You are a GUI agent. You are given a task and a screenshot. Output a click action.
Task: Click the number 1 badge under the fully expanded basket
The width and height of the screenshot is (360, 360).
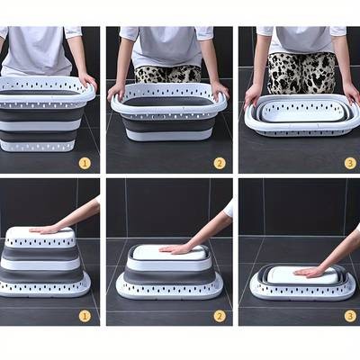85,163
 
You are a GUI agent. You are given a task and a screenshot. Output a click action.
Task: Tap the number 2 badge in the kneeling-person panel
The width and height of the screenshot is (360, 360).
219,163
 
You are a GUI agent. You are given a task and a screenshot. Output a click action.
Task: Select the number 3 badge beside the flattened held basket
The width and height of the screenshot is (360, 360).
350,163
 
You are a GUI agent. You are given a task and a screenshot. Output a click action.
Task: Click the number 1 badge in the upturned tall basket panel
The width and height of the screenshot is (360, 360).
85,315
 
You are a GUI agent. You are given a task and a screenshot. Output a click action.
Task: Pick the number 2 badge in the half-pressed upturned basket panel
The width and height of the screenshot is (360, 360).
219,315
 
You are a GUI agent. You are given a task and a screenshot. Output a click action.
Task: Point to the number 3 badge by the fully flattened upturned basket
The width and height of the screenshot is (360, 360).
350,315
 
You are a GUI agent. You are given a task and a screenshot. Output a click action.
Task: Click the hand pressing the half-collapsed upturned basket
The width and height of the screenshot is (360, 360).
175,247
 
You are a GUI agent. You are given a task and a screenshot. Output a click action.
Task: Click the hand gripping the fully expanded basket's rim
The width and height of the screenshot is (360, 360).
87,82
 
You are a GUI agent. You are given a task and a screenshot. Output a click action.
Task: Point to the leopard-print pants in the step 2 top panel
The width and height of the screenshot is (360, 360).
168,72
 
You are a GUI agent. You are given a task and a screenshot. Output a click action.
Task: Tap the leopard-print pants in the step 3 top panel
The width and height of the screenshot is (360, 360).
301,72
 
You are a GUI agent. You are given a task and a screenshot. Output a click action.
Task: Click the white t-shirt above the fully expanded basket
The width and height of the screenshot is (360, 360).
40,49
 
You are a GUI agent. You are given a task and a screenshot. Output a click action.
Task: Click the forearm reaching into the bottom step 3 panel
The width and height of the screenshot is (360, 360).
337,252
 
